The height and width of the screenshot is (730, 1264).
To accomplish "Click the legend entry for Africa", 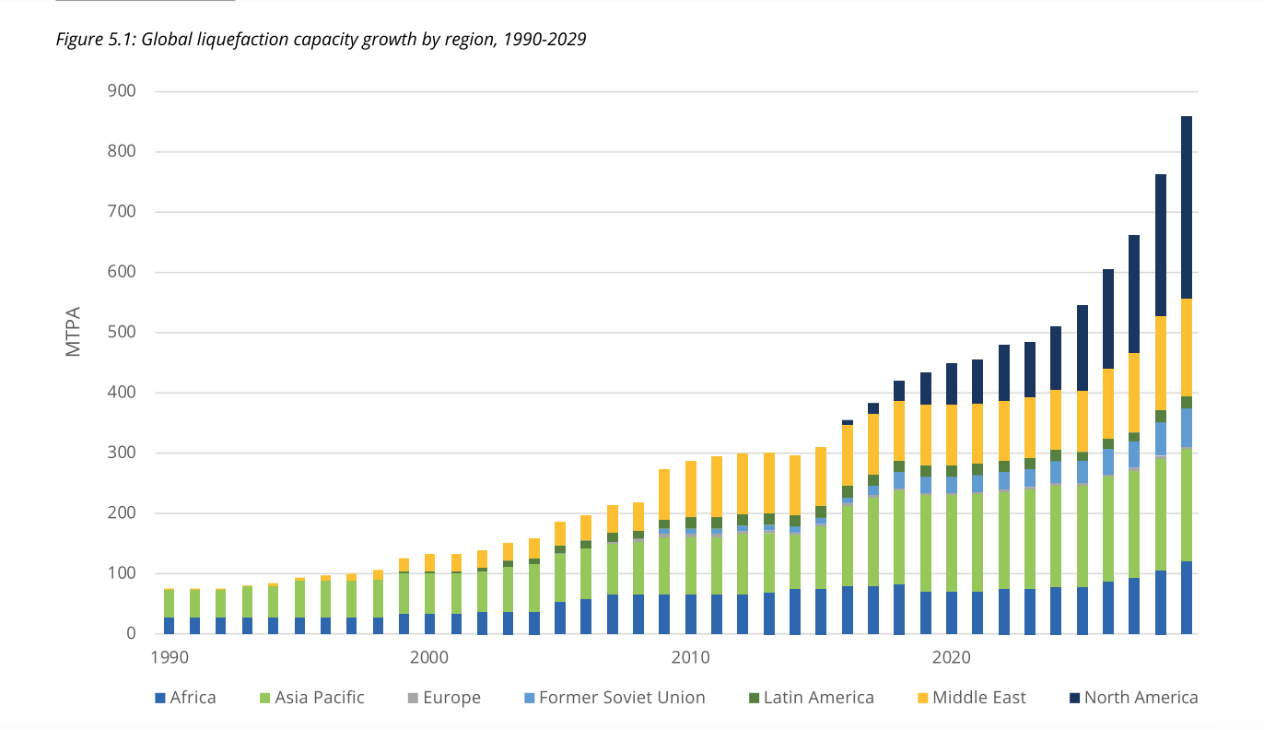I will [192, 698].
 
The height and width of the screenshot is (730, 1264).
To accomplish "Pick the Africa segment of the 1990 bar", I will [169, 625].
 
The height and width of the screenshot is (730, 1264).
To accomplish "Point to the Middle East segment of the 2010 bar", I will [690, 489].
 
